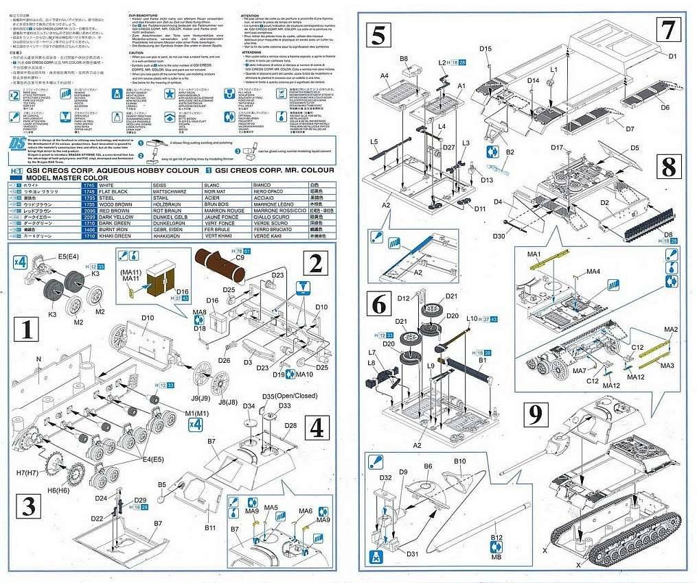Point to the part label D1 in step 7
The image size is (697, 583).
coord(672,56)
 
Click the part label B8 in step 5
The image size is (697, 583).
coord(404,59)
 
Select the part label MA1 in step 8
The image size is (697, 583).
coord(535,254)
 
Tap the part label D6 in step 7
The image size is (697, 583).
coord(665,107)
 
